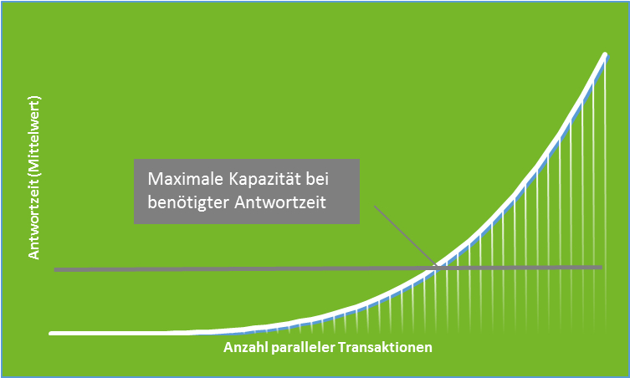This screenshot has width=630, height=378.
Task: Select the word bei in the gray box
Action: (317, 179)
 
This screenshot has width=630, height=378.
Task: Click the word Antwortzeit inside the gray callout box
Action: (280, 202)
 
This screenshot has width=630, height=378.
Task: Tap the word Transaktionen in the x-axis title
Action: (386, 347)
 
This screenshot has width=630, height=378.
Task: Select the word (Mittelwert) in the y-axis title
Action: (34, 136)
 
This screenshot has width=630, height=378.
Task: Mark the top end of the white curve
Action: (605, 54)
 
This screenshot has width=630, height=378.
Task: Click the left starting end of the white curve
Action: (51, 333)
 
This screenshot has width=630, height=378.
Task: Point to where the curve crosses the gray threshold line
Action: (436, 268)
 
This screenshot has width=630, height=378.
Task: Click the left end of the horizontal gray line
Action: (55, 270)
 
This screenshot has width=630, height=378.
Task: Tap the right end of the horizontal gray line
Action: (602, 267)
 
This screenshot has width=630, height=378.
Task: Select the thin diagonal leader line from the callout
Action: (405, 236)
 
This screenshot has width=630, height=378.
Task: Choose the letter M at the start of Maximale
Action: (154, 179)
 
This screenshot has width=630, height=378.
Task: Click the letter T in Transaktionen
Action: (342, 347)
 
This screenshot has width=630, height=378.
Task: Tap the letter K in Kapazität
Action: (233, 179)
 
